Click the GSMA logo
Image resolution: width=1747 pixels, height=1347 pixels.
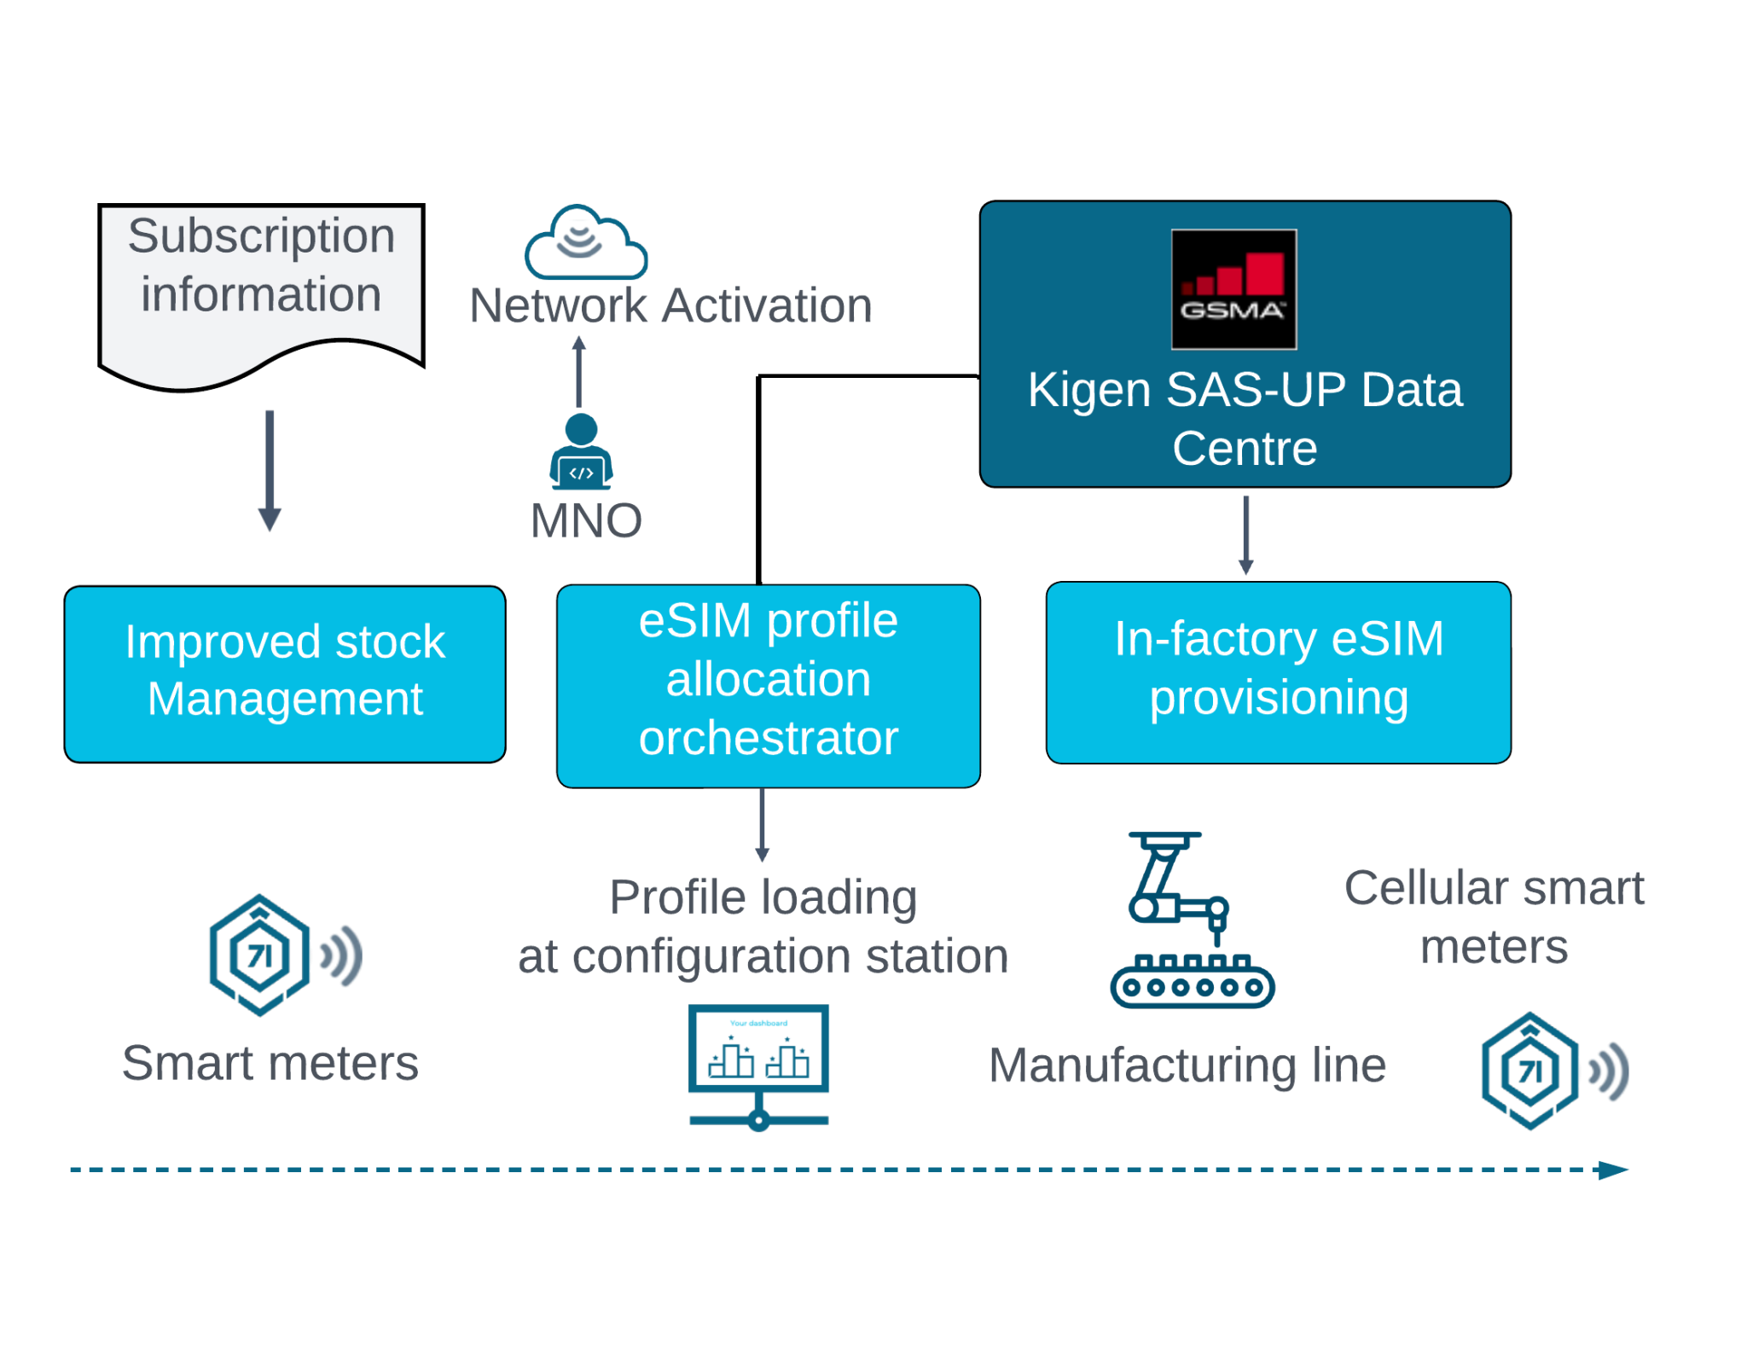click(x=1233, y=289)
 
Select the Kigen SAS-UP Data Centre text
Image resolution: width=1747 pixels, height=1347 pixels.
click(x=1245, y=419)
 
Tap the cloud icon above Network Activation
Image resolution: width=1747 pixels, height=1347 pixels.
click(x=585, y=244)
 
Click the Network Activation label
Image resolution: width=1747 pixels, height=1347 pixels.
click(x=670, y=306)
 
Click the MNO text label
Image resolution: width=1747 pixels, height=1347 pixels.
click(x=586, y=520)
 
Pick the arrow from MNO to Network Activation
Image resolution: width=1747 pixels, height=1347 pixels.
click(x=579, y=372)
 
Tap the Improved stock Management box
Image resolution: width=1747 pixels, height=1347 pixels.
click(x=285, y=674)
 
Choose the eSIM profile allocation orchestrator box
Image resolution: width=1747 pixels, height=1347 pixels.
click(x=768, y=685)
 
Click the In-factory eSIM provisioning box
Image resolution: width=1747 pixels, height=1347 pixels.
click(x=1278, y=672)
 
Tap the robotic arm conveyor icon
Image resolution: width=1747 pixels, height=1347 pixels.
click(x=1191, y=921)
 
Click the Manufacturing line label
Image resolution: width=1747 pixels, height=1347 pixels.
click(x=1187, y=1066)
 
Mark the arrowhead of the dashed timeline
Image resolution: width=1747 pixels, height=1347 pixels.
click(x=1614, y=1170)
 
